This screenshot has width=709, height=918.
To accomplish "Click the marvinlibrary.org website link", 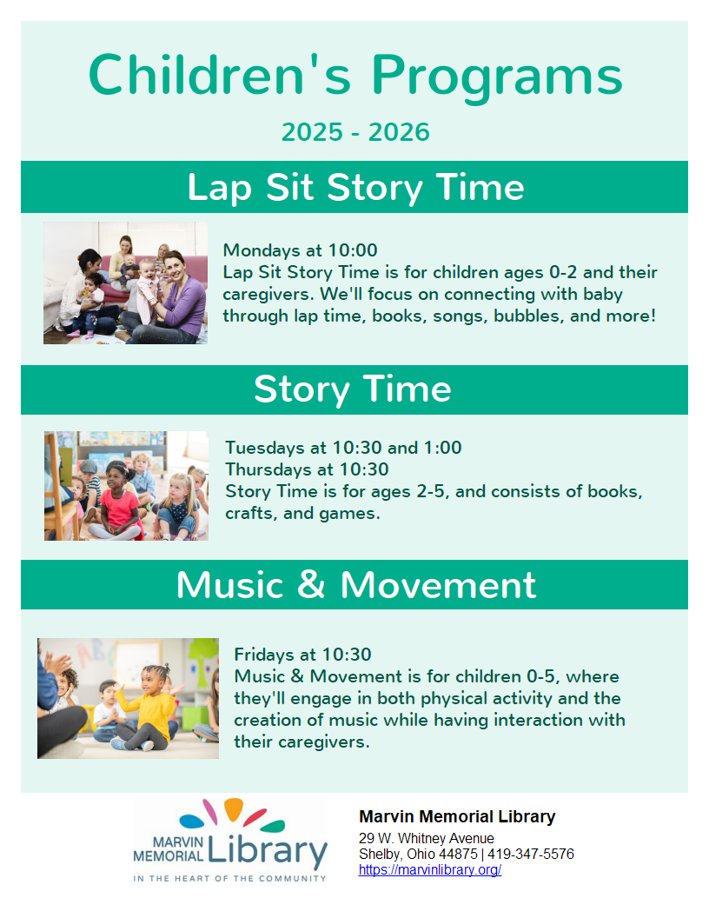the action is click(x=430, y=870).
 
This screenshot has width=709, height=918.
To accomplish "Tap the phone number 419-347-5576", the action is click(x=531, y=855).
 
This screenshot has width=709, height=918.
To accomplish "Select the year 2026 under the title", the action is click(x=399, y=132).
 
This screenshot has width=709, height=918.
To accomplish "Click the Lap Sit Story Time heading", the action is click(x=355, y=188).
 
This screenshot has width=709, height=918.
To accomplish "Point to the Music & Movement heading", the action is click(x=355, y=585).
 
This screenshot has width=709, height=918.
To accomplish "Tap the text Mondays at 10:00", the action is click(x=300, y=250).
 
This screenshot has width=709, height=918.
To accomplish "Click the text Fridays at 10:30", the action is click(x=303, y=655).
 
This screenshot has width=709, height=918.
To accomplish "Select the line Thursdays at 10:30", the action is click(x=307, y=469).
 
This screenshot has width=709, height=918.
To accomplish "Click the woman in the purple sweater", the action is click(x=169, y=298).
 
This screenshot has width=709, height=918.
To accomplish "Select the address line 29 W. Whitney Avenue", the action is click(x=427, y=838).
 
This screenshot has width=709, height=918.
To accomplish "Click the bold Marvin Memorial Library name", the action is click(x=457, y=816).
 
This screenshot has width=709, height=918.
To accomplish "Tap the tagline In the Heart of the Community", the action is click(x=230, y=878).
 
